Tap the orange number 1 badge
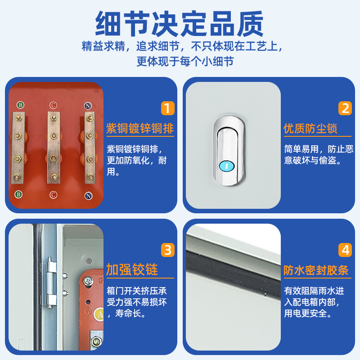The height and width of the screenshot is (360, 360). click(x=167, y=108)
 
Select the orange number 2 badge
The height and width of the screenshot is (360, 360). click(x=345, y=108)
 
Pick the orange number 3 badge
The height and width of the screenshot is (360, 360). click(x=167, y=249)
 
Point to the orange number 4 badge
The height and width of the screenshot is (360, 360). click(x=345, y=249)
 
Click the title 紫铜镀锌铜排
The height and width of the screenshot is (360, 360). click(x=139, y=129)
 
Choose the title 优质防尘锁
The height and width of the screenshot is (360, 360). click(x=310, y=129)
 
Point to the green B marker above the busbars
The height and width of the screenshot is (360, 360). click(x=20, y=105)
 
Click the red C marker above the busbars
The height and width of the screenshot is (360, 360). click(x=53, y=105)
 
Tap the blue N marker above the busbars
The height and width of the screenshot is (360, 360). click(x=88, y=106)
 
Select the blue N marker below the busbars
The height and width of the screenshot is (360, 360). click(x=88, y=196)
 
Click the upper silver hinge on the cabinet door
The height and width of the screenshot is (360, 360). click(x=50, y=266)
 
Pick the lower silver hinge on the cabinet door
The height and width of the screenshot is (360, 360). click(x=50, y=299)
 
